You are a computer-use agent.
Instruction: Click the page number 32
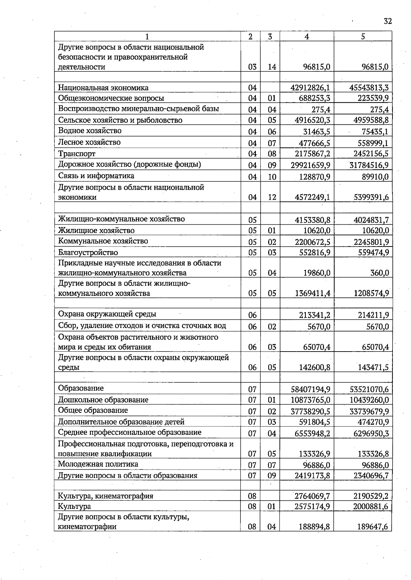[387, 21]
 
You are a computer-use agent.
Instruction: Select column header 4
[307, 37]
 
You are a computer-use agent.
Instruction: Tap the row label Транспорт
[77, 154]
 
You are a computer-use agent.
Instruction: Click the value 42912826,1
[310, 88]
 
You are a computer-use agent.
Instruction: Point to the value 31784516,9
[369, 166]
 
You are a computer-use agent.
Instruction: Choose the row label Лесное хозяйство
[89, 142]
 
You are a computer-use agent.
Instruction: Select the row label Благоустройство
[88, 253]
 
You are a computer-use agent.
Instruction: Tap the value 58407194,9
[310, 389]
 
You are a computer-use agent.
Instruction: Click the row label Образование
[81, 388]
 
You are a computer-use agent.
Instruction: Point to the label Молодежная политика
[98, 464]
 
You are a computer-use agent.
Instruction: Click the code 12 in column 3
[272, 197]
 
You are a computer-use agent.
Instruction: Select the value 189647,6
[373, 527]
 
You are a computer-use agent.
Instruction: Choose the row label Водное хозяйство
[90, 131]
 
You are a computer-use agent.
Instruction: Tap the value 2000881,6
[371, 506]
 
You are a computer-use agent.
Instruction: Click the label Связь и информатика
[96, 176]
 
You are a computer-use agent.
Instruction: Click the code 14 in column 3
[272, 67]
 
